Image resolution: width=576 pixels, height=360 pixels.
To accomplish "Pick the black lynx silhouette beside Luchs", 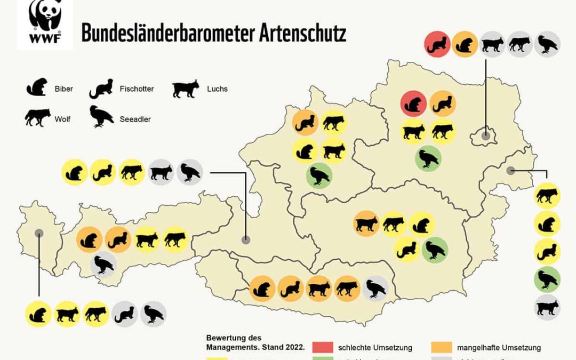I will (186, 89).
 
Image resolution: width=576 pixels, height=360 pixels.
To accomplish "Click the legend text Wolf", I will (62, 119).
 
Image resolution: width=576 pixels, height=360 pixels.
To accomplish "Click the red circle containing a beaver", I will (413, 103).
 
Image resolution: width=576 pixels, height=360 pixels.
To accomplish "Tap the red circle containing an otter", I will (438, 44).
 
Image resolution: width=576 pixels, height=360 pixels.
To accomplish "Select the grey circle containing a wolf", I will (519, 44).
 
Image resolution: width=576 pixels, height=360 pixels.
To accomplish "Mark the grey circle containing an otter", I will (125, 314).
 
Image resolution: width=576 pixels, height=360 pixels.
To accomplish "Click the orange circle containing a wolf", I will (347, 289).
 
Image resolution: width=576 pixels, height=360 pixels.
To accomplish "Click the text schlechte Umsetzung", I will (375, 348).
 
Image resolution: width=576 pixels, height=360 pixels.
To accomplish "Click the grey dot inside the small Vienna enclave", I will (485, 135).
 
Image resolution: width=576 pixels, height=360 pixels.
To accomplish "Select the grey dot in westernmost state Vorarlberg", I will (39, 233).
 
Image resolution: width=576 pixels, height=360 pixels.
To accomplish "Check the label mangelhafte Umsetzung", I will (499, 348).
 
